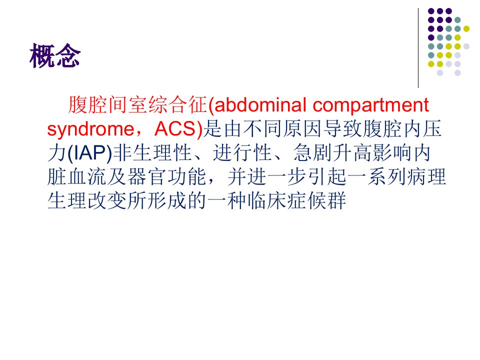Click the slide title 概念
(x=55, y=55)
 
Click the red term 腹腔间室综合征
(x=137, y=104)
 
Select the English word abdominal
(x=260, y=104)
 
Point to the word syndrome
(x=90, y=129)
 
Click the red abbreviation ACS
(x=175, y=128)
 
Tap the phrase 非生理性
(x=152, y=152)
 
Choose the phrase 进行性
(x=242, y=152)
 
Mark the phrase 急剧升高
(x=332, y=152)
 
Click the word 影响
(x=392, y=152)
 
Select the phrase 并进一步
(x=267, y=176)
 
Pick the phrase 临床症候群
(x=297, y=201)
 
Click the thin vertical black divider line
(x=418, y=48)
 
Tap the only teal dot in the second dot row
(x=457, y=20)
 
